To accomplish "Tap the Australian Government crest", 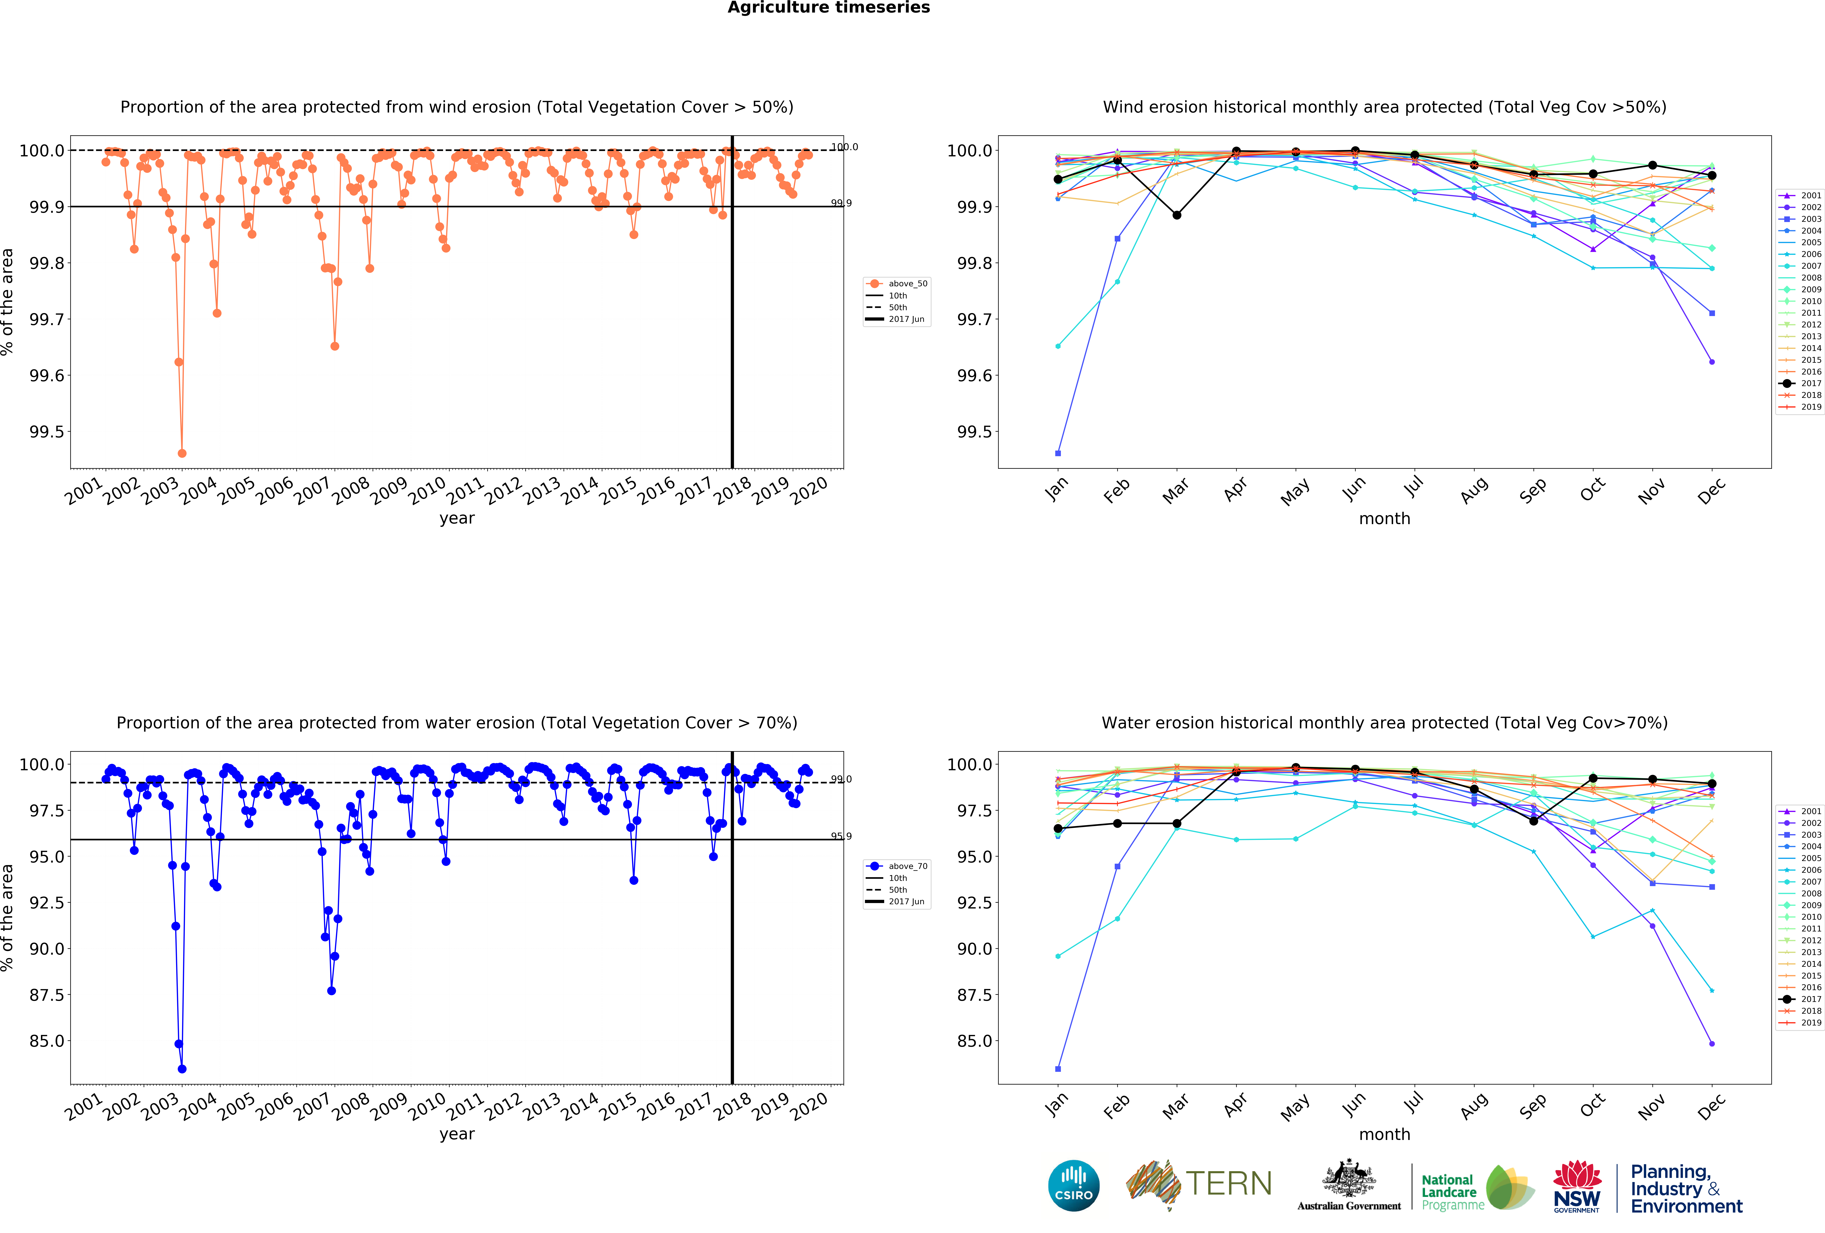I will point(1348,1178).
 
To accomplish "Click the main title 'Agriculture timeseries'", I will point(828,8).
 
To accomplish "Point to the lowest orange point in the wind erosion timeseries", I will point(182,453).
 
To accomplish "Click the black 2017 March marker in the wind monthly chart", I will point(1176,215).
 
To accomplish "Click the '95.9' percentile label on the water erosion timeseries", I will point(841,836).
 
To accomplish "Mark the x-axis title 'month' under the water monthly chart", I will point(1384,1134).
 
